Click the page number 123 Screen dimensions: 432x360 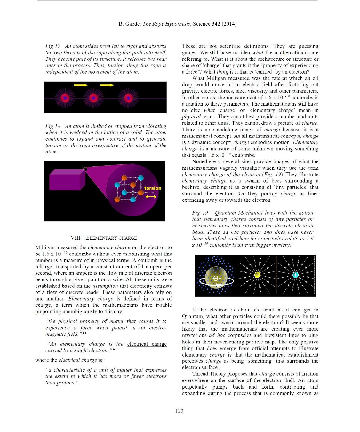point(180,411)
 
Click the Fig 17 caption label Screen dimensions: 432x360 point(53,46)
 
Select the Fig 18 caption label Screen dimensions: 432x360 point(53,126)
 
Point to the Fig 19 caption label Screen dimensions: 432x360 point(200,213)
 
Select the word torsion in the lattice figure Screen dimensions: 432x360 point(153,188)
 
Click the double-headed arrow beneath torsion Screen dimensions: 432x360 point(151,197)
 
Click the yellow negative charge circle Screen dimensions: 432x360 point(257,275)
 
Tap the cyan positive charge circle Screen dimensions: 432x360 point(295,275)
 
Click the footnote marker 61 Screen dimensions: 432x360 point(84,333)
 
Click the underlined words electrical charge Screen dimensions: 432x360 point(147,344)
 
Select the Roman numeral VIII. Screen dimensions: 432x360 point(76,238)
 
